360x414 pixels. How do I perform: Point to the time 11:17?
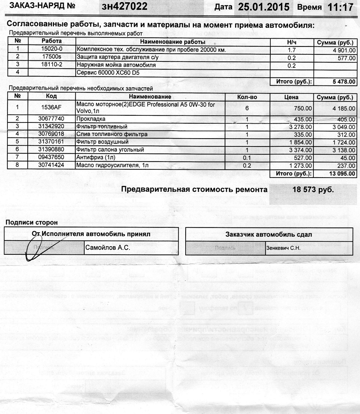(340, 7)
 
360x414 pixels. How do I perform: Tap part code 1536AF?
(52, 108)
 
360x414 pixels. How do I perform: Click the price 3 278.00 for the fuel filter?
(300, 126)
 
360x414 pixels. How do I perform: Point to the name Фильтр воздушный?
(102, 142)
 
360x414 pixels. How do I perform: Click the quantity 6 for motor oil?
(247, 108)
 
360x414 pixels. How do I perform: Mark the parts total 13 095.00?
(341, 173)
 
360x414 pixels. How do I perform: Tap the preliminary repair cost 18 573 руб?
(313, 190)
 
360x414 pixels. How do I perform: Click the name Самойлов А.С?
(108, 248)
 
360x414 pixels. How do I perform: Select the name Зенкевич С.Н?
(283, 248)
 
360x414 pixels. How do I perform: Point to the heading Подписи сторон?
(31, 223)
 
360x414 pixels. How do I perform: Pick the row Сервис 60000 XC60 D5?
(108, 73)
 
